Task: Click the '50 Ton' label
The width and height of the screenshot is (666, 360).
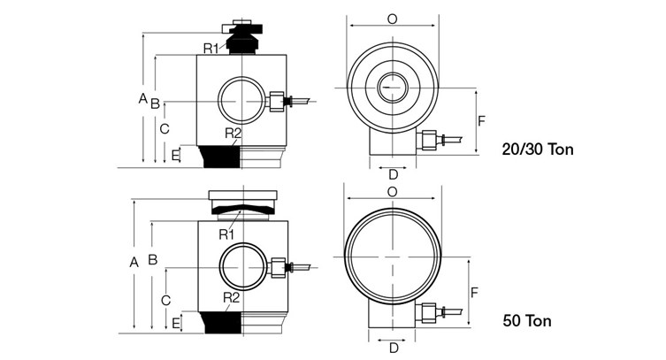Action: pyautogui.click(x=526, y=320)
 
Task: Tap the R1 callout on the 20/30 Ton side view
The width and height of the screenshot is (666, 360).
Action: pyautogui.click(x=211, y=47)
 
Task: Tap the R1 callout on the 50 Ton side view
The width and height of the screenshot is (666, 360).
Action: pyautogui.click(x=226, y=234)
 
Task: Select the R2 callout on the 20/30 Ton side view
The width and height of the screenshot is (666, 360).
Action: pyautogui.click(x=233, y=134)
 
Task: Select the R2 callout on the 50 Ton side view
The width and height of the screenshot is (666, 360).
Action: pyautogui.click(x=232, y=297)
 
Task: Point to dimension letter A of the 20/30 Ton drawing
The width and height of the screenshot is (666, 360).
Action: pyautogui.click(x=142, y=99)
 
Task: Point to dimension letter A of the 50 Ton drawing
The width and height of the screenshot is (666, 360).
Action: pyautogui.click(x=134, y=262)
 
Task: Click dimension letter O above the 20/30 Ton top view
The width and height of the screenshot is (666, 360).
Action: pyautogui.click(x=392, y=18)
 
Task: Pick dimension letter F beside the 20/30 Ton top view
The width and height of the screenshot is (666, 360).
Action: pyautogui.click(x=481, y=119)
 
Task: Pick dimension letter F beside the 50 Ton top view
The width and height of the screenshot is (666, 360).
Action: pyautogui.click(x=474, y=292)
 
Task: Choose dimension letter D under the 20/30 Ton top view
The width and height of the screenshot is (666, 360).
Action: pyautogui.click(x=394, y=174)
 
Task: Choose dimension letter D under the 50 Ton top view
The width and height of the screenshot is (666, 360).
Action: pyautogui.click(x=394, y=348)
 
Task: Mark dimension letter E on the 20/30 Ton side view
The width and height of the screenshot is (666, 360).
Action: pyautogui.click(x=175, y=156)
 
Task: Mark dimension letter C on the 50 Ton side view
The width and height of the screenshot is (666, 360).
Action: pyautogui.click(x=165, y=301)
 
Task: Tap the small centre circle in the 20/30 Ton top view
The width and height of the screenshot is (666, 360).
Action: pyautogui.click(x=392, y=88)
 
